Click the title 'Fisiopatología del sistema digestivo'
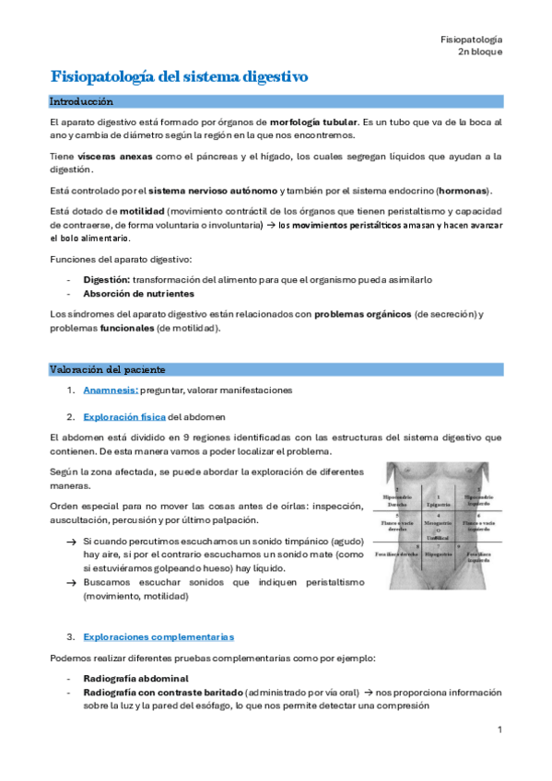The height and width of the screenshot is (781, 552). coord(179,76)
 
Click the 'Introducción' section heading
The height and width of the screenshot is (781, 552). coord(81,100)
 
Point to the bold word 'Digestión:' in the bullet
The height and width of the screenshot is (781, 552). coord(107,279)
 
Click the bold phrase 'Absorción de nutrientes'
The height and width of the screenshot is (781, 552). coord(138,294)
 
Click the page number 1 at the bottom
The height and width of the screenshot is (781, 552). coord(499,730)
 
